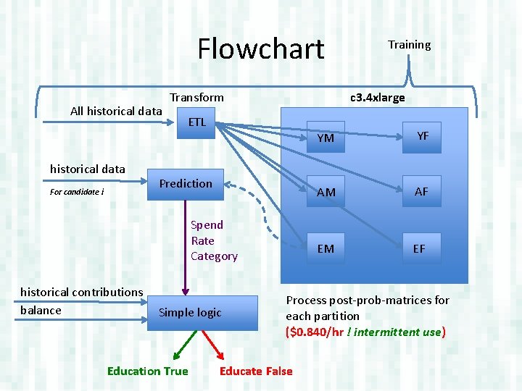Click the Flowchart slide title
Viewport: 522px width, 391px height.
(x=261, y=49)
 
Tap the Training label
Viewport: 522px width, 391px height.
(x=409, y=45)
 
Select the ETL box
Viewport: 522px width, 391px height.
(x=196, y=122)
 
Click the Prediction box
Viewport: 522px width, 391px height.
(x=186, y=184)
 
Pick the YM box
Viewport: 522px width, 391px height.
(x=326, y=138)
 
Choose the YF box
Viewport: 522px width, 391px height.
(x=422, y=136)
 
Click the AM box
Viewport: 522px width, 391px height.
(x=326, y=192)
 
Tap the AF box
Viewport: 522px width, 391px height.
(x=421, y=191)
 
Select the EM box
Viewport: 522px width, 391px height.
(x=326, y=248)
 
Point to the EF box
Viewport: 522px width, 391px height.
(x=419, y=248)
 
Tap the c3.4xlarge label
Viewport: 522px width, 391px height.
(x=377, y=98)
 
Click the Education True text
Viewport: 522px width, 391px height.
(x=147, y=371)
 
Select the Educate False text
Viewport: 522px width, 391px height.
(x=256, y=371)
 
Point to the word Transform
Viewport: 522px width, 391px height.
(x=196, y=97)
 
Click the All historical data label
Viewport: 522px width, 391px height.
(x=116, y=111)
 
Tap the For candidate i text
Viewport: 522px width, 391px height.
(x=77, y=193)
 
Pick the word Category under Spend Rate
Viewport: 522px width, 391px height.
(x=214, y=256)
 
